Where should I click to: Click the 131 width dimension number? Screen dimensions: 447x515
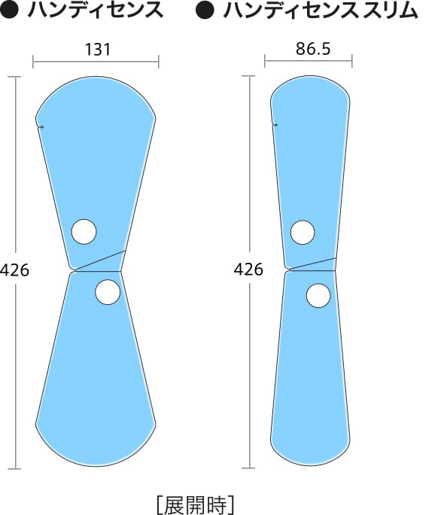click(98, 49)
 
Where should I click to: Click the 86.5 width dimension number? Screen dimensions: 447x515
click(313, 49)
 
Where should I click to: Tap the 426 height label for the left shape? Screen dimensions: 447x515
click(14, 270)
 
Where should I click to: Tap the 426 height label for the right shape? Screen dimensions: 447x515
click(248, 270)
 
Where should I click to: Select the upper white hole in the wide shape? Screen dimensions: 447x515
click(84, 232)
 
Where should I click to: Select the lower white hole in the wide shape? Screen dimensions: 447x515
click(108, 292)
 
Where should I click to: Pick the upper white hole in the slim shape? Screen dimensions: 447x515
click(303, 232)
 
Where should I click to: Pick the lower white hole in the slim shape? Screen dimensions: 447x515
click(318, 296)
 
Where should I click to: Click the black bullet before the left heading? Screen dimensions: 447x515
click(10, 10)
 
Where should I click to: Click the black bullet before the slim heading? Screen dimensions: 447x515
click(205, 10)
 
